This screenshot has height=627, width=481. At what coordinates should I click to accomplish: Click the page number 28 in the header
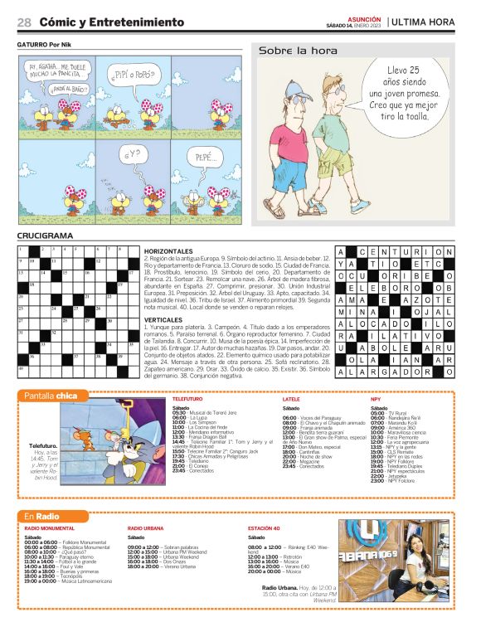[x=24, y=22]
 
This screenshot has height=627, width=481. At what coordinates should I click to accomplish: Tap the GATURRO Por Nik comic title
[x=48, y=45]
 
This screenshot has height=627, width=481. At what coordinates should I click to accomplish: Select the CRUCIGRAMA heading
[x=45, y=236]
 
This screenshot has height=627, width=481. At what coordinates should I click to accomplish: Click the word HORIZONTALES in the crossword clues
[x=168, y=250]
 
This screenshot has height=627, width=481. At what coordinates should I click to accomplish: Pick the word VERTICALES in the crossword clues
[x=164, y=319]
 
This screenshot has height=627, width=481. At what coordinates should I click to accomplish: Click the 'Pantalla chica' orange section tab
[x=51, y=396]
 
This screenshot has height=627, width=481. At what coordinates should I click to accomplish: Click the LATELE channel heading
[x=291, y=399]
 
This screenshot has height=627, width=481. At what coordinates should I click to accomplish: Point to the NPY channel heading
[x=376, y=399]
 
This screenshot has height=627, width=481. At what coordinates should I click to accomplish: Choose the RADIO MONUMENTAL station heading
[x=50, y=528]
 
